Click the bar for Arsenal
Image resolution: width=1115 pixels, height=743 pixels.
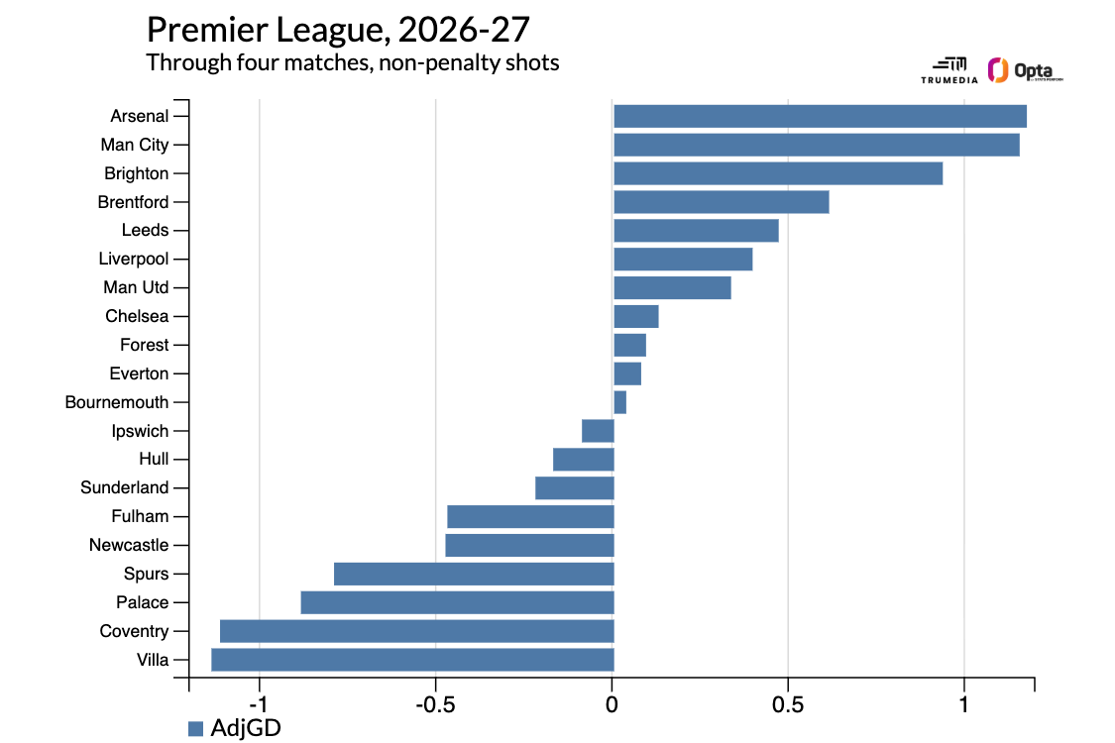point(820,116)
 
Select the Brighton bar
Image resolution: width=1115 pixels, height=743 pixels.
point(778,173)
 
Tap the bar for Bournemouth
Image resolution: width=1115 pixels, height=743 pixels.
point(620,402)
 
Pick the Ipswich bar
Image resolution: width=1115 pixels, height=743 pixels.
point(598,431)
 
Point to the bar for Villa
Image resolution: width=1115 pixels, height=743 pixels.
point(412,660)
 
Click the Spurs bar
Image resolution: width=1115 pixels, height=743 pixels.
point(475,574)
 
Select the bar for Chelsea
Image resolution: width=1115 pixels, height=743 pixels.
point(636,316)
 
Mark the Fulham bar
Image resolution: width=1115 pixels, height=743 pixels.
point(530,517)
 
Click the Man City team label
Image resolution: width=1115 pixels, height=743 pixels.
point(135,145)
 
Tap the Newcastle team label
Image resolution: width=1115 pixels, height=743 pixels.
point(129,545)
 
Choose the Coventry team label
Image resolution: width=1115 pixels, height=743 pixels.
point(134,631)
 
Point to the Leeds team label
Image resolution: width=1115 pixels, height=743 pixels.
point(145,231)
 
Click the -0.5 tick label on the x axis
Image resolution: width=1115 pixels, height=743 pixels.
point(435,704)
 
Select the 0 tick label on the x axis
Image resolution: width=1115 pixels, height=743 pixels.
point(612,704)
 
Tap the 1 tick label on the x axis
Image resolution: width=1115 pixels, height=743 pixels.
point(964,704)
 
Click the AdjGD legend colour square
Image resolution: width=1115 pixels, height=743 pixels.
point(195,729)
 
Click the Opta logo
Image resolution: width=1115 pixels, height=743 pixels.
point(1026,70)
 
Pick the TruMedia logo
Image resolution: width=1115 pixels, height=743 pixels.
point(949,70)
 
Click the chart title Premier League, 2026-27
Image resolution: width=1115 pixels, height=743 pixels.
point(339,30)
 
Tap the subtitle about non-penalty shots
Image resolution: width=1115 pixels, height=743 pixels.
point(353,62)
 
